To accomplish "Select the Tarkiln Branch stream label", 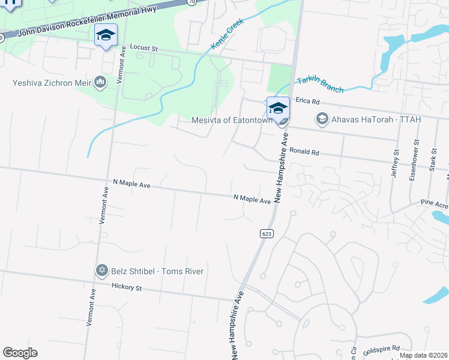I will tap(321, 85).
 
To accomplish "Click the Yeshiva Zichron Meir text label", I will tap(51, 82).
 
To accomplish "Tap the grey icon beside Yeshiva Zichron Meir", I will tap(100, 82).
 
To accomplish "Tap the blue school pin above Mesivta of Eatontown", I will tap(278, 108).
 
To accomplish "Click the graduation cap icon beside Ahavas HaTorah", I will tap(322, 119).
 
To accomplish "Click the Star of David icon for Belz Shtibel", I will tap(101, 271).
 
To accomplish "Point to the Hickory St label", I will tap(126, 288).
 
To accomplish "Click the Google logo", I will tap(20, 353).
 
